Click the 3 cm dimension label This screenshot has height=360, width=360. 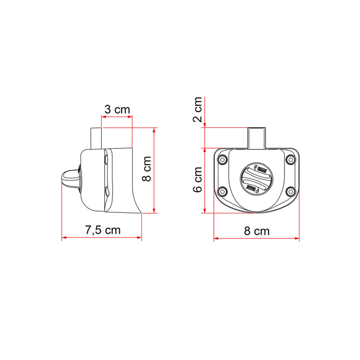click(117, 109)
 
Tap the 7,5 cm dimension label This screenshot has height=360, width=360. click(103, 230)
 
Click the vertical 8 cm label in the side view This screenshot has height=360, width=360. click(146, 169)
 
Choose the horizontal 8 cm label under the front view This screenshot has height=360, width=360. click(256, 231)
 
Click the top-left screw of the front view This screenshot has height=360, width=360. click(223, 159)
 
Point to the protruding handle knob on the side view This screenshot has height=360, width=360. click(68, 176)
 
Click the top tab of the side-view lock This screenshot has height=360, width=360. click(95, 137)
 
